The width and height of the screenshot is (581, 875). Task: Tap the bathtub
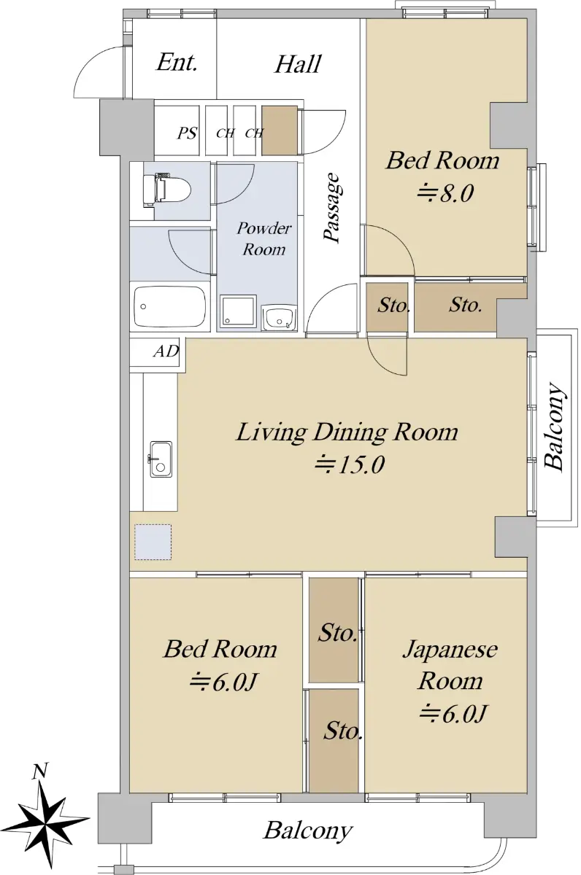coord(169,307)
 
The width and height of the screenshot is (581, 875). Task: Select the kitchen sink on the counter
coord(161,459)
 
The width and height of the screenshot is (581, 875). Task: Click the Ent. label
coord(177,63)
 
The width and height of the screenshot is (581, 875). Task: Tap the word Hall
coord(298,64)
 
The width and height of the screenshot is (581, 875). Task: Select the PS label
coord(187,133)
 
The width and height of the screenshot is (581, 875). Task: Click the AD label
coord(166,351)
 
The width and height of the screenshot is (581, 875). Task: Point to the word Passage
coord(332,207)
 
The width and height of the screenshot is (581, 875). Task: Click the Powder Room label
coord(264,238)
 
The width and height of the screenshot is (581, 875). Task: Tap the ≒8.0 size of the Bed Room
coord(445,193)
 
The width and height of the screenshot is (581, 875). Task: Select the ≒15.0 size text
coord(350,465)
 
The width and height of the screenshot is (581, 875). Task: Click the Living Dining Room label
coord(347,433)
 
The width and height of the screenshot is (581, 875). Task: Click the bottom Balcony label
coord(308,830)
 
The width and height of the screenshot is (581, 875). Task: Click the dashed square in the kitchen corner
coord(153,542)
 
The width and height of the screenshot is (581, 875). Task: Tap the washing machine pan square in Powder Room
coord(238,311)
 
